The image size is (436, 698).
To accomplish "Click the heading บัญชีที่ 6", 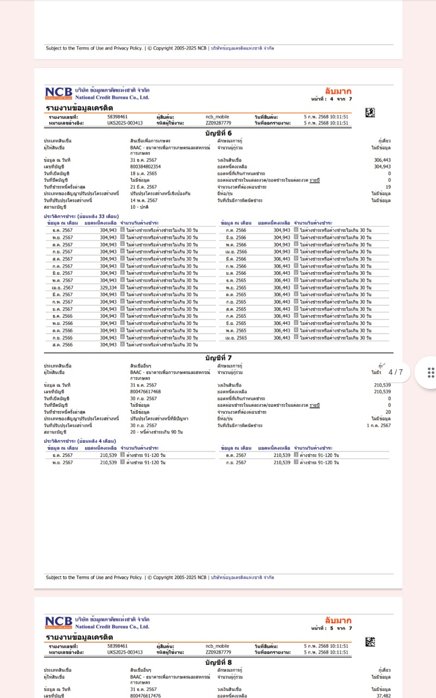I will tap(219, 133).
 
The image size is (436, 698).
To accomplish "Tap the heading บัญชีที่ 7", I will tap(219, 358).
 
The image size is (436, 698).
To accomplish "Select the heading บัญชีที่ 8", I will tap(219, 663).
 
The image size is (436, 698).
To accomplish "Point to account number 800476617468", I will tap(146, 392).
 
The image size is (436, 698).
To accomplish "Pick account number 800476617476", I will tap(146, 696).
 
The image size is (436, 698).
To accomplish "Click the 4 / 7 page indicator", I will tap(396, 372).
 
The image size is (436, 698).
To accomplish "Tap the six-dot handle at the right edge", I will tap(431, 372).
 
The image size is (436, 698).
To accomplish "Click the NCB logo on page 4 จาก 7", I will tap(58, 93).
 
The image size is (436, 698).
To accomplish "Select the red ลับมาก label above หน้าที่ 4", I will tap(338, 91).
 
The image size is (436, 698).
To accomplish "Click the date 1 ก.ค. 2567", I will tap(379, 425).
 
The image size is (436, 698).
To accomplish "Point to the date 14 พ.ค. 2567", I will tap(143, 200).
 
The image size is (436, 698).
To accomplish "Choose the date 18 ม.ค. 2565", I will tap(143, 173).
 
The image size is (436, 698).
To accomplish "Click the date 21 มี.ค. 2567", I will tap(143, 187).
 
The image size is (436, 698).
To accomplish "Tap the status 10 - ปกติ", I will tap(141, 207).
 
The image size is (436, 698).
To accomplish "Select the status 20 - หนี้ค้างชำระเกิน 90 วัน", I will tap(156, 432).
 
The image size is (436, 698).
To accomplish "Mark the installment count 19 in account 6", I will tap(388, 187).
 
